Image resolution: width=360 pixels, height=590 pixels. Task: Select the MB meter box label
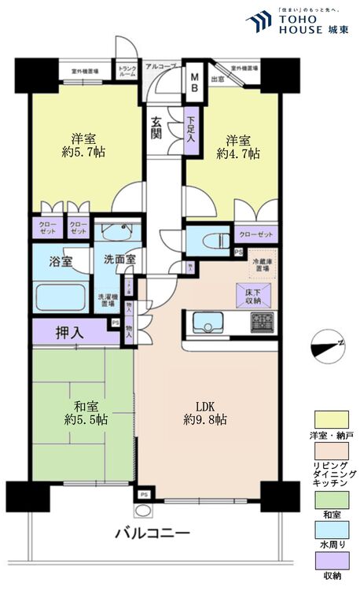click(194, 82)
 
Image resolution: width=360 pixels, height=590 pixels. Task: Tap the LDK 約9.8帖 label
click(207, 412)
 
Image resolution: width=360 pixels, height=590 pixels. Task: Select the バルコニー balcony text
click(152, 533)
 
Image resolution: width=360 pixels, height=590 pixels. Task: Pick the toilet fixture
click(211, 241)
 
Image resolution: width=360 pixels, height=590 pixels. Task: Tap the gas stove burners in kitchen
click(263, 321)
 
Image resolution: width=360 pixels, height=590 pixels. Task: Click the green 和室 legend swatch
click(329, 498)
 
